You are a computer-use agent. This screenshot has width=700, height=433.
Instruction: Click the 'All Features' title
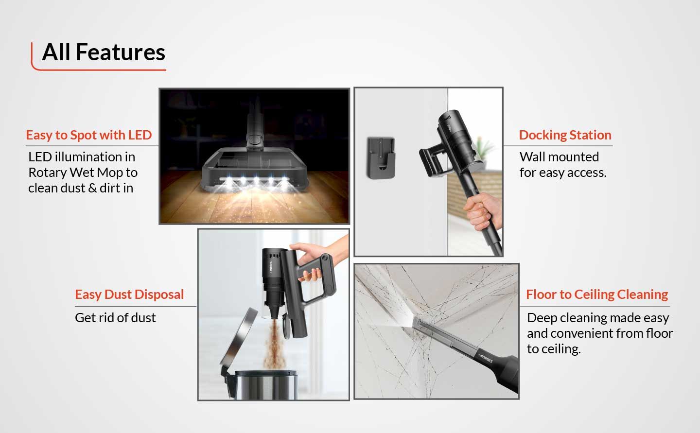click(x=104, y=52)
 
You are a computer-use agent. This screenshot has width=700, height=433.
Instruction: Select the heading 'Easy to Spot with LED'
click(x=89, y=135)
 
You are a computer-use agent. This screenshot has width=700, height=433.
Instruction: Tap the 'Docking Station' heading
click(x=565, y=135)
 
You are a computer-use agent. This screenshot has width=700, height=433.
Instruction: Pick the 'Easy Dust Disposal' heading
click(x=129, y=294)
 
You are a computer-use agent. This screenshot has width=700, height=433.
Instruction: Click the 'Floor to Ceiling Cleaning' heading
click(x=597, y=294)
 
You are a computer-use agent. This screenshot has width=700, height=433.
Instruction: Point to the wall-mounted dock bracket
click(x=381, y=158)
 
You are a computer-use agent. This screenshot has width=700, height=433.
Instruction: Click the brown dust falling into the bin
click(x=274, y=344)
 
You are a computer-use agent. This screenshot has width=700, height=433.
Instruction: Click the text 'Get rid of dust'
click(x=115, y=318)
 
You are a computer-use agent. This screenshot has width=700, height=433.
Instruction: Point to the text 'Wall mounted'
click(x=559, y=157)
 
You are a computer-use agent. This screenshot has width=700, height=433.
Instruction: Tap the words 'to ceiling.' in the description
click(x=554, y=349)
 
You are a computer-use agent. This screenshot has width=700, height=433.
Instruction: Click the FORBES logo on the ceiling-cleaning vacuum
click(x=486, y=358)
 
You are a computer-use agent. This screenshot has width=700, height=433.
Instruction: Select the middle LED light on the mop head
click(x=256, y=181)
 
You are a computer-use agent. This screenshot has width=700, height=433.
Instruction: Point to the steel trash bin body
click(x=265, y=385)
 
